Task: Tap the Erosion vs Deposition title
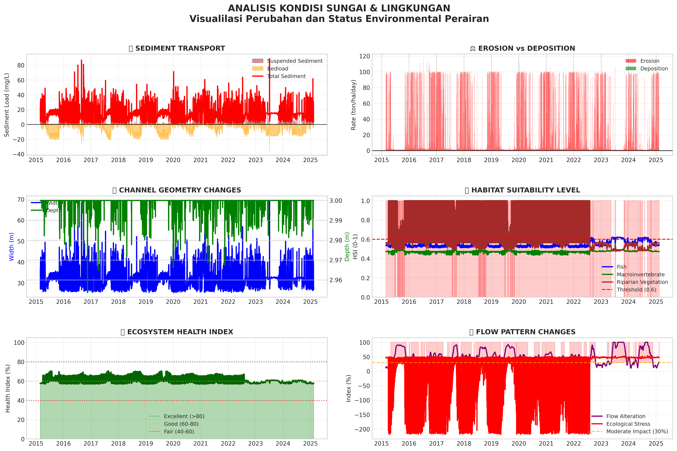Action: pyautogui.click(x=522, y=48)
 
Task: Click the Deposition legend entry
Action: pyautogui.click(x=654, y=68)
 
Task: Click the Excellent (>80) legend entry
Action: pyautogui.click(x=184, y=416)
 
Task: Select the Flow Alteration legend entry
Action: pyautogui.click(x=625, y=416)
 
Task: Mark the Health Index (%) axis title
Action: pyautogui.click(x=8, y=388)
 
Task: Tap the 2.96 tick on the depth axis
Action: pyautogui.click(x=336, y=280)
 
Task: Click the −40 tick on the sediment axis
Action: pyautogui.click(x=18, y=154)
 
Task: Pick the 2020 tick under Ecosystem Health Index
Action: pyautogui.click(x=173, y=444)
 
